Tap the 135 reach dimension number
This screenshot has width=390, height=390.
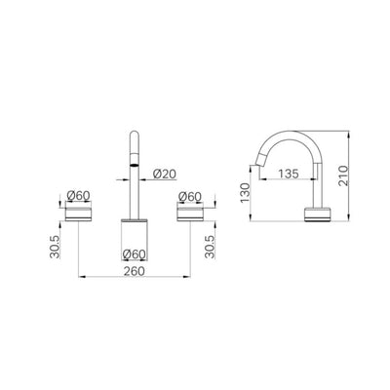coord(285,175)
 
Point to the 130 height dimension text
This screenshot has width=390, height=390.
coord(243,202)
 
